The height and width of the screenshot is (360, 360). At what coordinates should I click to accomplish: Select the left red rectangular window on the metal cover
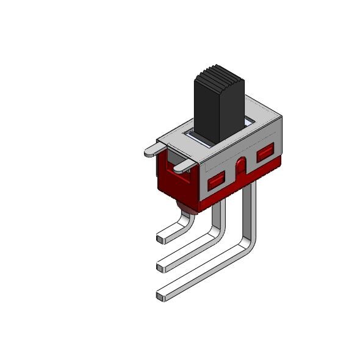pos(216,181)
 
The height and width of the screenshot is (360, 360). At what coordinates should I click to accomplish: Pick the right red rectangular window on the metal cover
pos(265,153)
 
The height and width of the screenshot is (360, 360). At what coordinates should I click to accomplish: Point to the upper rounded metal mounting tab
pos(154,149)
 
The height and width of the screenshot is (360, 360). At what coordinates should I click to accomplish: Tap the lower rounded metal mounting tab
pos(182,166)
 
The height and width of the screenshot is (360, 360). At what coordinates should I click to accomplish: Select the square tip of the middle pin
pos(161,267)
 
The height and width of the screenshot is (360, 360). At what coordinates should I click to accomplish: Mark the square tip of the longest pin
pos(161,297)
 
